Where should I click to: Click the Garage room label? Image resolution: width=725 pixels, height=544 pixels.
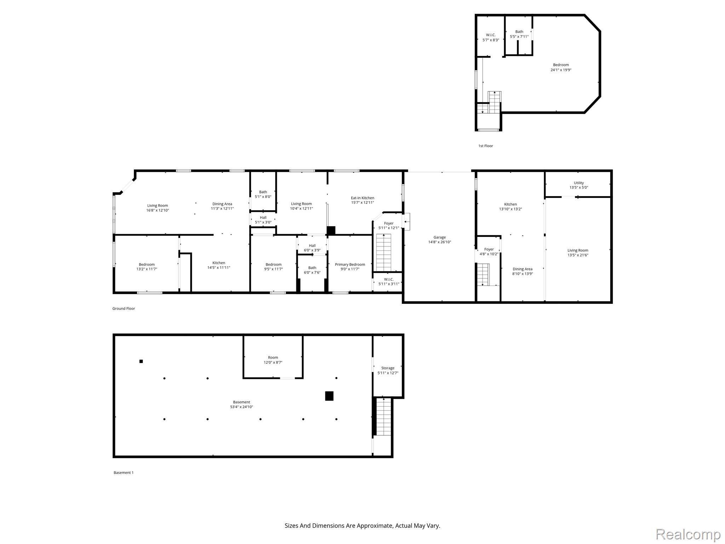[439, 237]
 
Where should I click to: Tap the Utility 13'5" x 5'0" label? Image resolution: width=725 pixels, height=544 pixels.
[578, 185]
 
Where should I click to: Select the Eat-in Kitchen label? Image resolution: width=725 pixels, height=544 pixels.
[362, 198]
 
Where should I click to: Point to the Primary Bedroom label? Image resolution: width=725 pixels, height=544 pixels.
[350, 265]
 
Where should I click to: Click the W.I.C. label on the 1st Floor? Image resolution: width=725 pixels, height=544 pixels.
[491, 35]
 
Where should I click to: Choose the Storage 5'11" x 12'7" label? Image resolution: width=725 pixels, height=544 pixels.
[388, 370]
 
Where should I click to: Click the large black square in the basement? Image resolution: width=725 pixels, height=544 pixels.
[329, 396]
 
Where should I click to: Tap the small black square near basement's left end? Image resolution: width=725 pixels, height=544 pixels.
[141, 361]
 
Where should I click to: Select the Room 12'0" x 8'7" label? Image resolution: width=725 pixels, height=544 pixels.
[273, 360]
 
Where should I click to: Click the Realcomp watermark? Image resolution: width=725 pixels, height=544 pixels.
[688, 534]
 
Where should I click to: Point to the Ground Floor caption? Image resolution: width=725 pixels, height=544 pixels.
[124, 308]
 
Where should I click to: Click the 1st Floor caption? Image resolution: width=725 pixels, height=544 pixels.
[485, 146]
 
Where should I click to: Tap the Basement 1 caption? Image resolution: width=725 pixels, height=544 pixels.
[124, 472]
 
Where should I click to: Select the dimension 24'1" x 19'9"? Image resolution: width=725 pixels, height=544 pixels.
[561, 70]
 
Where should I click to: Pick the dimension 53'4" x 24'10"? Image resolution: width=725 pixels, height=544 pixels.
[241, 407]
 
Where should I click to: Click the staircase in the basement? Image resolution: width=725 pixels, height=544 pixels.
[383, 416]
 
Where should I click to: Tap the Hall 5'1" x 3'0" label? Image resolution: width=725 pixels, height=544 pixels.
[263, 220]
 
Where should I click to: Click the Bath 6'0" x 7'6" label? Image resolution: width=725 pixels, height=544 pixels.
[312, 270]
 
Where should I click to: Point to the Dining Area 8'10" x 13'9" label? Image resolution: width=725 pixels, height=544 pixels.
[522, 271]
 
